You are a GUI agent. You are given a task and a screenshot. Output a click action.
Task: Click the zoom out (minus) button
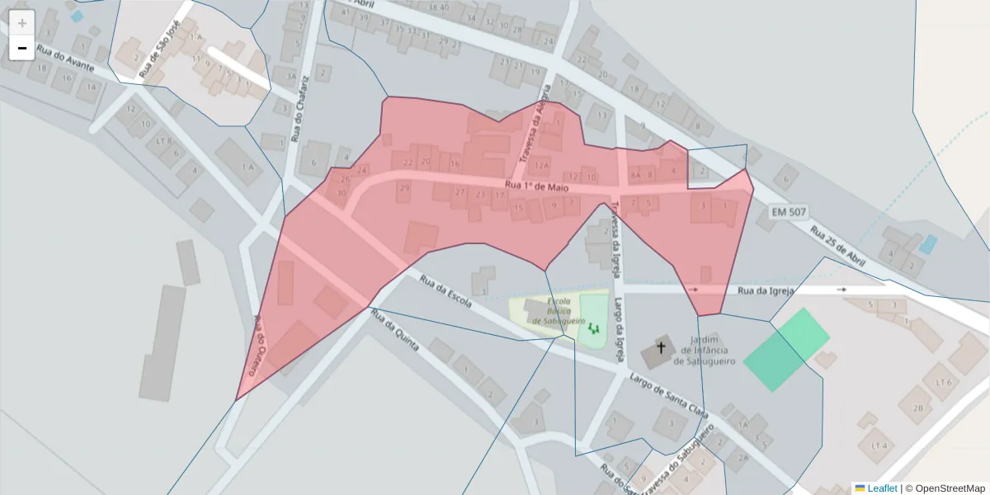pyautogui.click(x=22, y=48)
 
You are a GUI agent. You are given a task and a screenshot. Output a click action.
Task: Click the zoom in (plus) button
pyautogui.click(x=22, y=23)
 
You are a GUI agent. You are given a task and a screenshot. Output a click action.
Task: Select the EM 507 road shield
pyautogui.click(x=789, y=212)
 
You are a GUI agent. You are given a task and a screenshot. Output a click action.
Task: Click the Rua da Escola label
pyautogui.click(x=445, y=291)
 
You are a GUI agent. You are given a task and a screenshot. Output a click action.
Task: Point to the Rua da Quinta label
pyautogui.click(x=395, y=330)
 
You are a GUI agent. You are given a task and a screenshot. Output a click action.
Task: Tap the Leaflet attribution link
pyautogui.click(x=875, y=488)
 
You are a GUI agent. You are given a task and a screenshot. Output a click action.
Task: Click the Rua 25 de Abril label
pyautogui.click(x=838, y=247)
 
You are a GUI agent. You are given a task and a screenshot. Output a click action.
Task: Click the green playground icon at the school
pyautogui.click(x=592, y=328)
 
